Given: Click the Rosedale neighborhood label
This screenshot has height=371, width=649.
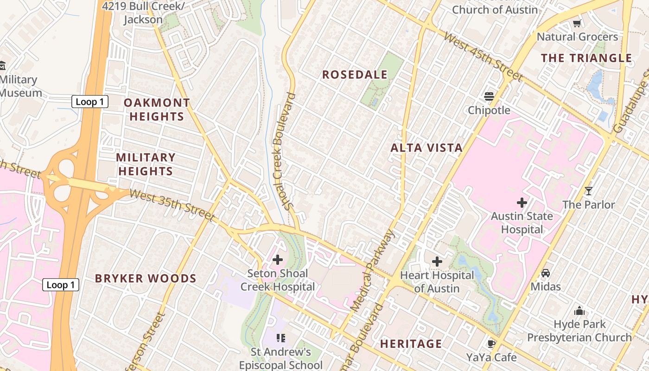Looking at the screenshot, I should point(355,75).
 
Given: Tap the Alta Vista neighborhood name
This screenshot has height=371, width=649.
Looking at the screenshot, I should point(426,148).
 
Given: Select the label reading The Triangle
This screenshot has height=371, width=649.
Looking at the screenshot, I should point(586,58).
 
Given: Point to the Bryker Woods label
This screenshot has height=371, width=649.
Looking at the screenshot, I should point(146,279).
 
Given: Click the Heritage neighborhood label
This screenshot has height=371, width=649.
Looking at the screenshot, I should point(411,344).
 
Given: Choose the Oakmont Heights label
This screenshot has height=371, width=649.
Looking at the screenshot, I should point(157,109).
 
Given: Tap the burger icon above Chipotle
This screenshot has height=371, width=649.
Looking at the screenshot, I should point(489,96).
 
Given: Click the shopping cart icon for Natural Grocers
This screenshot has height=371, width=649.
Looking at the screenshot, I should point(577,23).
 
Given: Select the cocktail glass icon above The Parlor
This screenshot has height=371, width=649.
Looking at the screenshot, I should point(588,191).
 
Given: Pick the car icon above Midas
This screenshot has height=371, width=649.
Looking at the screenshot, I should point(546,273).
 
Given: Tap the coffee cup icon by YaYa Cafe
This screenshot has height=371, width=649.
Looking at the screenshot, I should point(491,344).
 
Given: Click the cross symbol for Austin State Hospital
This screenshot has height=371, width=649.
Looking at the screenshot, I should point(522,203).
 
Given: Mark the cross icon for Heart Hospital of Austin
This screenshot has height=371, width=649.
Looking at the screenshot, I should point(437,262).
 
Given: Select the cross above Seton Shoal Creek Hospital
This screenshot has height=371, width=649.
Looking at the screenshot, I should point(277,260).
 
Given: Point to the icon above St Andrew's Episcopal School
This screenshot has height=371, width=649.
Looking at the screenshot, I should point(280,338).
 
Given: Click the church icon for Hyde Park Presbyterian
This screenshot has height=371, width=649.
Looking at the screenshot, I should point(579,311).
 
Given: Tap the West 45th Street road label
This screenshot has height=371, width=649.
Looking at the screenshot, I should point(482,57).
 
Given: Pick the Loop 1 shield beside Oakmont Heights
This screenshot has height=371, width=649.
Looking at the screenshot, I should point(89,102).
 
